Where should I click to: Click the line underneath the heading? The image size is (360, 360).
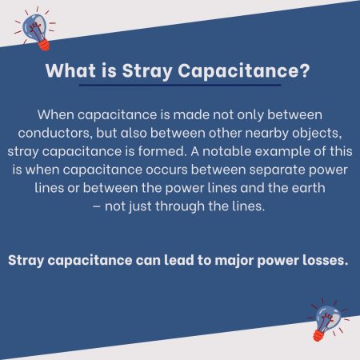179,86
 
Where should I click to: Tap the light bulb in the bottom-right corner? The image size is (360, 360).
326,321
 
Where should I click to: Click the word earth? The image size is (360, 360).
298,185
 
